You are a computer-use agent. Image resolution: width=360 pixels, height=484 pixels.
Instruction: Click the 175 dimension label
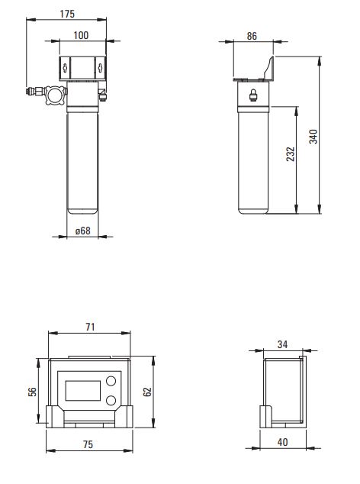(x=67, y=14)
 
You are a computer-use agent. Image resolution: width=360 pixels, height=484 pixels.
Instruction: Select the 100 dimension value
(x=81, y=35)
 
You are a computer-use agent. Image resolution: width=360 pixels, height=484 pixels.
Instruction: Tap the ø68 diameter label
(x=83, y=231)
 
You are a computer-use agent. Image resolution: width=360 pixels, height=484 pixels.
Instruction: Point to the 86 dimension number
(x=252, y=36)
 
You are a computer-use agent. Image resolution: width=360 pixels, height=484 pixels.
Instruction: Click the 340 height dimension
(x=313, y=137)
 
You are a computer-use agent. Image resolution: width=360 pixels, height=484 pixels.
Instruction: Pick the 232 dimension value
(x=291, y=154)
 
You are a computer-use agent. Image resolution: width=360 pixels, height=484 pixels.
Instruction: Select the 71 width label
(x=90, y=327)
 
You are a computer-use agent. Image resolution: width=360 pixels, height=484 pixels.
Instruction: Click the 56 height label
(x=32, y=392)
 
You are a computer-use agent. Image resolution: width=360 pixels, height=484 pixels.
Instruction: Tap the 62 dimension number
(x=147, y=392)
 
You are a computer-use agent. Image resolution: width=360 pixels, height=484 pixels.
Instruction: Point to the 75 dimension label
(x=88, y=444)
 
